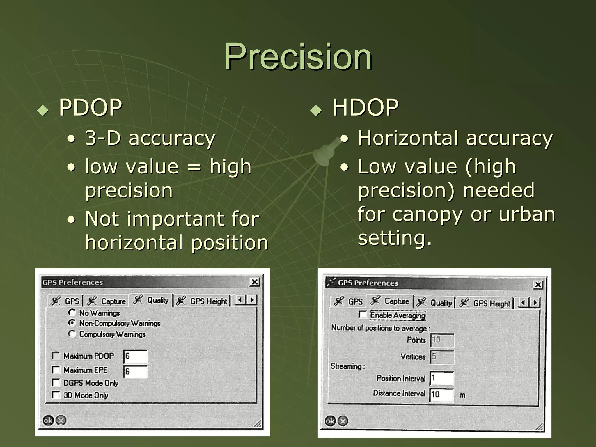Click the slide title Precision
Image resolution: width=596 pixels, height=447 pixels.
click(298, 56)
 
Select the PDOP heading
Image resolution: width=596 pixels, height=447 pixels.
click(90, 107)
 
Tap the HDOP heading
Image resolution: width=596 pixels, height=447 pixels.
click(365, 107)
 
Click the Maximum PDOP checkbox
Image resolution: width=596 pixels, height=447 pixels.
click(55, 356)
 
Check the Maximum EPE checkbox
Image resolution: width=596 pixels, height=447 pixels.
click(55, 370)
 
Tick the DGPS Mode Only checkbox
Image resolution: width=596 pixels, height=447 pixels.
click(55, 382)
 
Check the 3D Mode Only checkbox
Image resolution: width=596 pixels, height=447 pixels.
click(55, 395)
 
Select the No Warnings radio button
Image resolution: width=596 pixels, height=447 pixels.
click(72, 313)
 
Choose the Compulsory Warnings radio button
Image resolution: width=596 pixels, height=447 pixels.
click(72, 334)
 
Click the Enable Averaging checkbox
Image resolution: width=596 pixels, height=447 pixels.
click(363, 315)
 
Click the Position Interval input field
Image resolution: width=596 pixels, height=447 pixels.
click(442, 378)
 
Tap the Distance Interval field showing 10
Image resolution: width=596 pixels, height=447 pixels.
click(442, 394)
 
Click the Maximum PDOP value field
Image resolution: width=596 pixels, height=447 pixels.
click(136, 356)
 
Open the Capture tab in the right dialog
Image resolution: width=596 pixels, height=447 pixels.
click(391, 301)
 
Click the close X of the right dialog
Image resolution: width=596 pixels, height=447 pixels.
click(538, 284)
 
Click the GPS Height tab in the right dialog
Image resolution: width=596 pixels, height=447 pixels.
click(485, 303)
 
